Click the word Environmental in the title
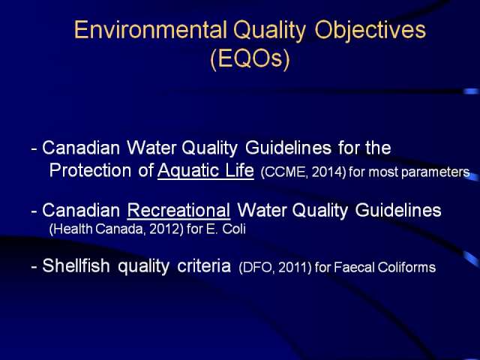150,30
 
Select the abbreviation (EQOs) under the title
250,58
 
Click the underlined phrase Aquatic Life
205,170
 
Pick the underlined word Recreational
178,210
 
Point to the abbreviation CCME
284,172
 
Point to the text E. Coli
226,229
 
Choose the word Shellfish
76,265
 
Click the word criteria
204,266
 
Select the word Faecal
354,267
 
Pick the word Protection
90,170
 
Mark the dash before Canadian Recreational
34,211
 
